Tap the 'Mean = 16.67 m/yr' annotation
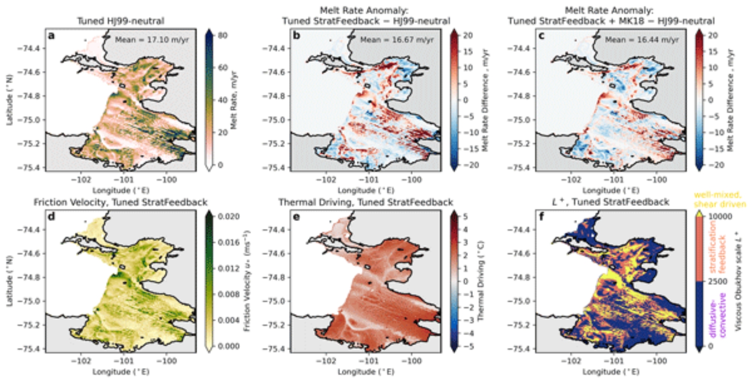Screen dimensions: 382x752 click(x=397, y=39)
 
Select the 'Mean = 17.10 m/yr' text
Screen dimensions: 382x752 click(x=152, y=39)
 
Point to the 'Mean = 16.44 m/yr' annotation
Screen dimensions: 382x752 click(x=642, y=39)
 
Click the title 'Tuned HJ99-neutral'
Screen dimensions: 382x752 click(x=121, y=21)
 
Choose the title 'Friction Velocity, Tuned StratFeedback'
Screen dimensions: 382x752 click(x=121, y=202)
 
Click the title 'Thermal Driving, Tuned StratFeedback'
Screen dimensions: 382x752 click(x=365, y=202)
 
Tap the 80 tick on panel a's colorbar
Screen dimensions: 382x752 click(x=223, y=35)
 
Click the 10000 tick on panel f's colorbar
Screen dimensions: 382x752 click(x=720, y=216)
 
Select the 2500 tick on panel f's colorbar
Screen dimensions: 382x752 click(x=717, y=281)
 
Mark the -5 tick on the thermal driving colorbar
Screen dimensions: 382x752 click(x=465, y=346)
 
